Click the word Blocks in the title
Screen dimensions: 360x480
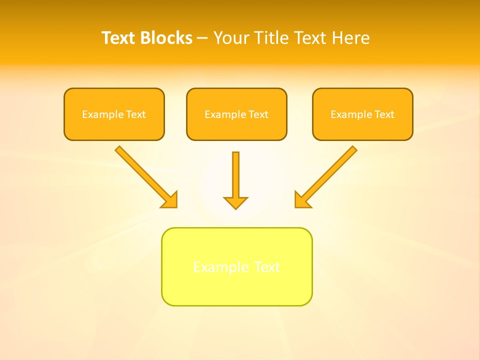coord(167,38)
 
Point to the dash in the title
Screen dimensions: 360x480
coord(202,38)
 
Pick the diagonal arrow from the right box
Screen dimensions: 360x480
coord(330,173)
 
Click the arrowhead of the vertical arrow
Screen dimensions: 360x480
coord(235,202)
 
